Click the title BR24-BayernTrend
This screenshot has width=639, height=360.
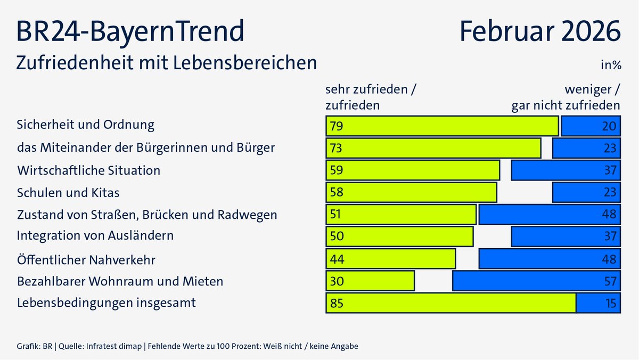(x=130, y=31)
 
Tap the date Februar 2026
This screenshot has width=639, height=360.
(x=540, y=31)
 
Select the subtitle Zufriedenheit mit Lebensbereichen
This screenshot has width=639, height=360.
(x=167, y=62)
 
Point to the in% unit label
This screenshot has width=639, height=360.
(x=611, y=66)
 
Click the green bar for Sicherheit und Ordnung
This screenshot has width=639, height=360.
(x=442, y=126)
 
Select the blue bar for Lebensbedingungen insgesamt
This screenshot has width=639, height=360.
(x=599, y=303)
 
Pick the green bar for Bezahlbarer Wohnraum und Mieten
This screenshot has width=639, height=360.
(x=370, y=281)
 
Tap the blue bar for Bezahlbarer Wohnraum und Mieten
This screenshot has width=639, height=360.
(x=536, y=281)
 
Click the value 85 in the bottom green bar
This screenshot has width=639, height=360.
(x=337, y=304)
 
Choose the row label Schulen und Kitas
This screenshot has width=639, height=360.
(x=68, y=192)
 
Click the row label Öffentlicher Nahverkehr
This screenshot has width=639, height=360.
(x=86, y=260)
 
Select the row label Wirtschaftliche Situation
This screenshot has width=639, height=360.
(x=88, y=170)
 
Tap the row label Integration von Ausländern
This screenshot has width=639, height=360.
(x=95, y=235)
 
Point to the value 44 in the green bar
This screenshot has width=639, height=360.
(x=337, y=259)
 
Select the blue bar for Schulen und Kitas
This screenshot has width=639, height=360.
(x=586, y=192)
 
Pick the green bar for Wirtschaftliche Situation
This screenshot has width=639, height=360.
(x=413, y=170)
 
